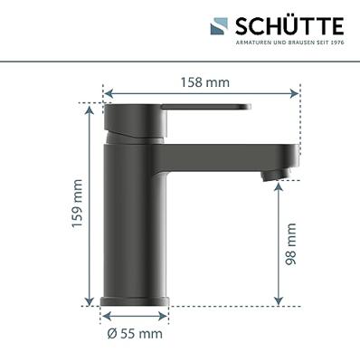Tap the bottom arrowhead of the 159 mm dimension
[x=90, y=303]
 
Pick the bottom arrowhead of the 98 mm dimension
[x=278, y=303]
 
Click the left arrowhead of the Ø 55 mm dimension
[x=103, y=318]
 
